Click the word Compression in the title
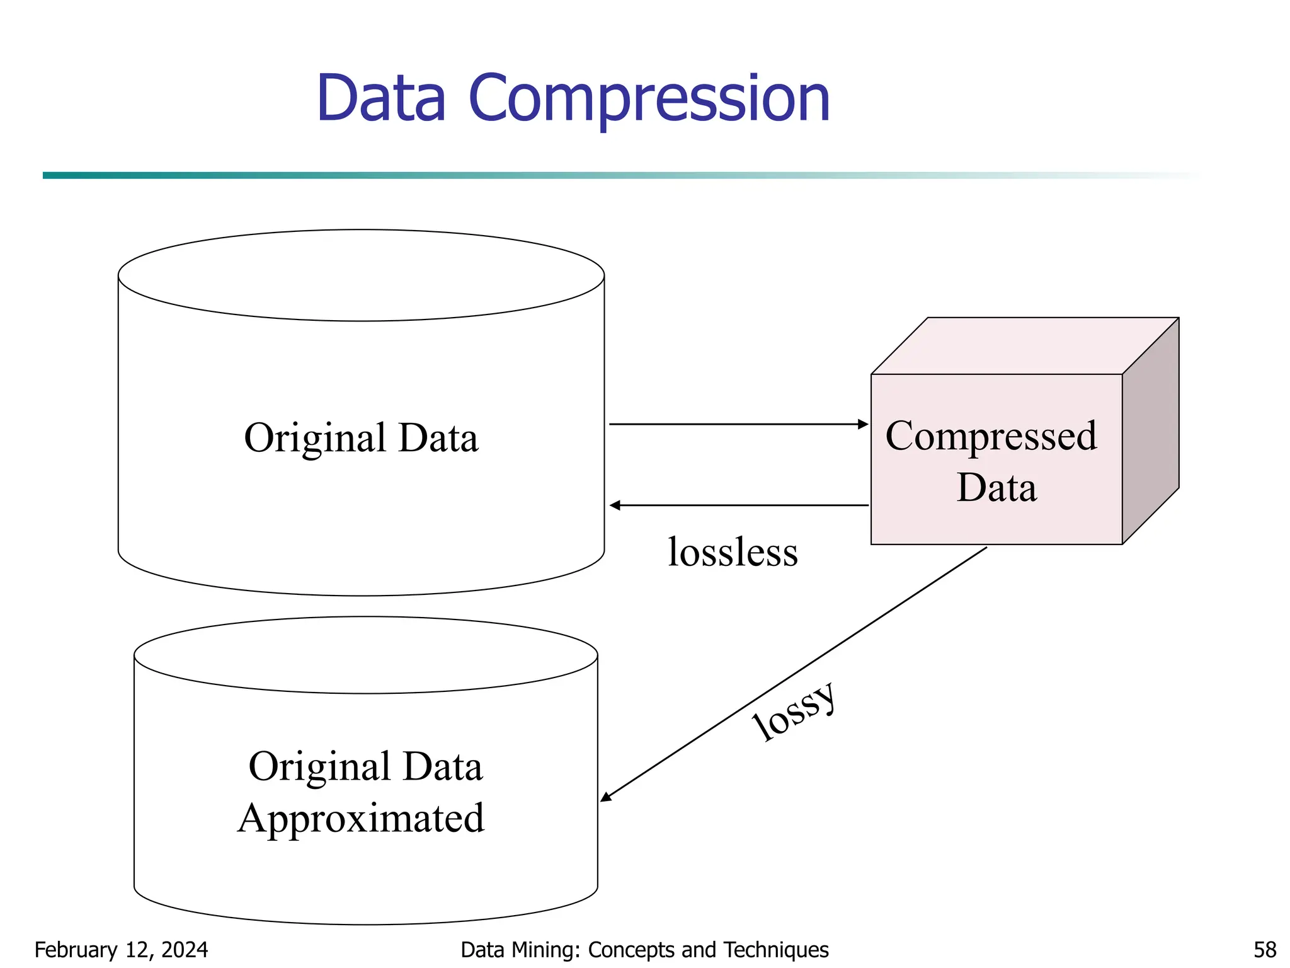pyautogui.click(x=649, y=99)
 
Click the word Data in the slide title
pyautogui.click(x=381, y=99)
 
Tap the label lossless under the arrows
pyautogui.click(x=733, y=552)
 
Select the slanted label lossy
pyautogui.click(x=795, y=712)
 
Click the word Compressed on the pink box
pyautogui.click(x=991, y=436)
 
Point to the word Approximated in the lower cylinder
pyautogui.click(x=361, y=819)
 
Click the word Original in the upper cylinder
pyautogui.click(x=315, y=438)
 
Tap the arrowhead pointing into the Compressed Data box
pyautogui.click(x=864, y=424)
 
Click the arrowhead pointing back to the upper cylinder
pyautogui.click(x=615, y=505)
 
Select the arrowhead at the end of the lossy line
pyautogui.click(x=606, y=797)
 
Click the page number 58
pyautogui.click(x=1264, y=950)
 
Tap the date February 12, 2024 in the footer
pyautogui.click(x=121, y=950)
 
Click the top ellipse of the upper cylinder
pyautogui.click(x=361, y=275)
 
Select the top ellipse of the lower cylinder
pyautogui.click(x=365, y=655)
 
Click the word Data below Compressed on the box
pyautogui.click(x=996, y=488)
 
